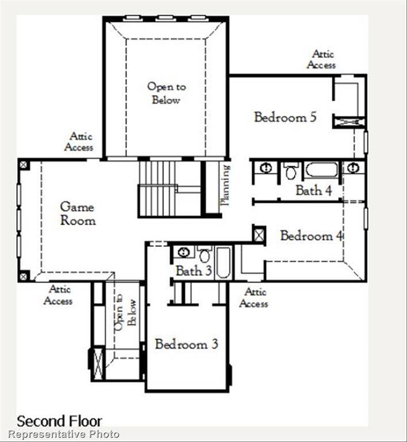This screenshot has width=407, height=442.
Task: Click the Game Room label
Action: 78,213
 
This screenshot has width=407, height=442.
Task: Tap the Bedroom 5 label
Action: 285,117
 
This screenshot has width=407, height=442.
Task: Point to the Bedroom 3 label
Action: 186,345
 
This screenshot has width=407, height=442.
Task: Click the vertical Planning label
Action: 225,185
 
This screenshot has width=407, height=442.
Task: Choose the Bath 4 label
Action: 313,190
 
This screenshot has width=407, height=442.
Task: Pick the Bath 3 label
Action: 193,270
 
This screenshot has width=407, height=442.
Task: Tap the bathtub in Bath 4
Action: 321,170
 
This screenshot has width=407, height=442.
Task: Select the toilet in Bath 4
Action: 291,171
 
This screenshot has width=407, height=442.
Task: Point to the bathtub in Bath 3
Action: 223,263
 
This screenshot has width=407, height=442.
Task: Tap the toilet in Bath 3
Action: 205,254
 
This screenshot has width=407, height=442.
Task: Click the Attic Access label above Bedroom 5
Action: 322,59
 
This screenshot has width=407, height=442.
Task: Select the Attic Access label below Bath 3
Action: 254,298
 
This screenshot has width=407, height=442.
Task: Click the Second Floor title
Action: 59,421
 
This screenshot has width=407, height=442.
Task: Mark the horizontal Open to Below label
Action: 166,93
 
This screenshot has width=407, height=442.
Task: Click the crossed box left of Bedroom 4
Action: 259,234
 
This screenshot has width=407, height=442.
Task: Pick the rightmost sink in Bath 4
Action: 353,168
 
